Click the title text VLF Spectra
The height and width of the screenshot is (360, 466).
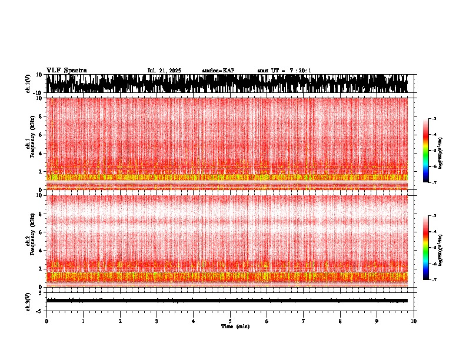pos(66,70)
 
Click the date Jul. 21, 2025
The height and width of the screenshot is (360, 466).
pos(164,71)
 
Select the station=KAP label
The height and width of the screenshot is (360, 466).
pos(218,71)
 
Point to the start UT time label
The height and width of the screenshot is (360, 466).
pos(284,71)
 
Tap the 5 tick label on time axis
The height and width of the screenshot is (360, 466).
pos(230,321)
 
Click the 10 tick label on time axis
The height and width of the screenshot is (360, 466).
pos(414,321)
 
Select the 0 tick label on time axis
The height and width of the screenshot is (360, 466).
pos(46,321)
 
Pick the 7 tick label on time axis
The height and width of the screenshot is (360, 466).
pos(304,321)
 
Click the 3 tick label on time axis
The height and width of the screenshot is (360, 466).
pos(157,321)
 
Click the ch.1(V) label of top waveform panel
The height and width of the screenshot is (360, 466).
pos(28,84)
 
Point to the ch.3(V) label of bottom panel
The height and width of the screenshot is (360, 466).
pos(28,301)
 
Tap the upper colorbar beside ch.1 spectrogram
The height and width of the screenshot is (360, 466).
pos(427,151)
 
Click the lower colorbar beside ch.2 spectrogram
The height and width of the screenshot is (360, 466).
pos(427,248)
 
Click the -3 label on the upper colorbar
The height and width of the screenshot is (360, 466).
pos(434,119)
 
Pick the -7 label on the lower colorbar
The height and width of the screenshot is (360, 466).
pos(434,279)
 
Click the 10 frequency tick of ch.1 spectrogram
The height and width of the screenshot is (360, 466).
pos(40,98)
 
